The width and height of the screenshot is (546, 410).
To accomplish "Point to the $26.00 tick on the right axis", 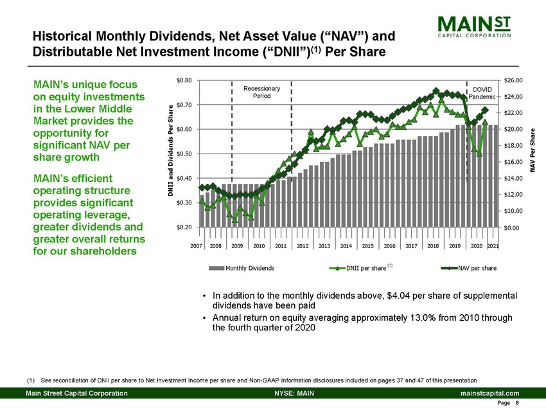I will (515, 80).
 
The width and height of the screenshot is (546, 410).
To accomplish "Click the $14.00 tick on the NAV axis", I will (515, 178).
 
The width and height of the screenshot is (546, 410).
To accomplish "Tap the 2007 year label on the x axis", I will (198, 245).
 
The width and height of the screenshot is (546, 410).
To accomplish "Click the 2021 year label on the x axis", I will (493, 245).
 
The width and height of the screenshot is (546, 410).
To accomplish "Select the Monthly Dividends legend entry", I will (240, 267).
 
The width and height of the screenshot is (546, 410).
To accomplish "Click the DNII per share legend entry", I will (361, 267).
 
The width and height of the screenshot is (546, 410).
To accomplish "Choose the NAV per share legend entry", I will (472, 267).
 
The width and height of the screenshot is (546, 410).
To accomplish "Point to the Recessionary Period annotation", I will (261, 92).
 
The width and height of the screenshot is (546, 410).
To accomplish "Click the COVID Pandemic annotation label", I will (481, 93).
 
